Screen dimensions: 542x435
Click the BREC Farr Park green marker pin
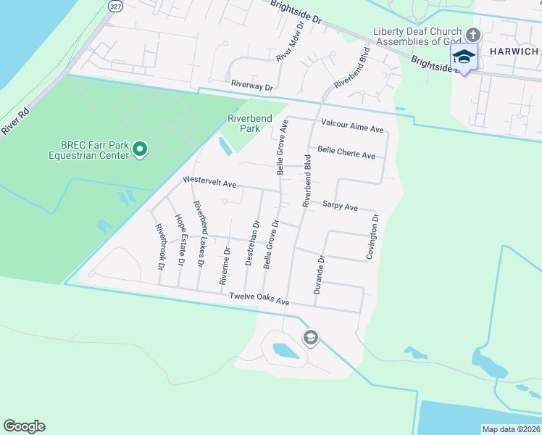140,151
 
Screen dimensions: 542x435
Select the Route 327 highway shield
115,6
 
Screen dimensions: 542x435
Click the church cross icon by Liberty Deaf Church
472,35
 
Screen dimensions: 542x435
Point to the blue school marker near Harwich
464,57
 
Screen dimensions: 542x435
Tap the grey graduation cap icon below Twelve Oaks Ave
311,337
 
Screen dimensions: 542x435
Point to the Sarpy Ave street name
341,207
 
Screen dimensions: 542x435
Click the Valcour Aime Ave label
352,127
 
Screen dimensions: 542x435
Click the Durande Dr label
320,273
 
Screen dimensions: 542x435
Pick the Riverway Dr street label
252,86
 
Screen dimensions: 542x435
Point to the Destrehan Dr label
249,242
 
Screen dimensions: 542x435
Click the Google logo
24,426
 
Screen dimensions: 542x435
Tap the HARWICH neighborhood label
514,52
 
